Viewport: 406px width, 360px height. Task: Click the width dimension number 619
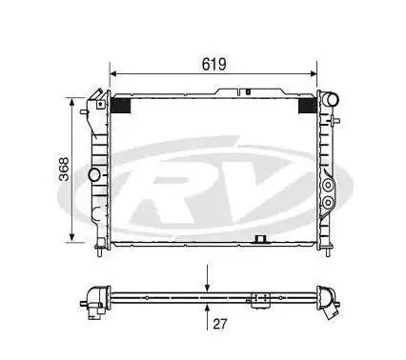[213, 64]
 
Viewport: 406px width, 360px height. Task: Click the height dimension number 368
[58, 170]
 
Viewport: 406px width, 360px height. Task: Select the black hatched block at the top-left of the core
[122, 106]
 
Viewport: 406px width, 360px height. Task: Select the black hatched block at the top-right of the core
[309, 106]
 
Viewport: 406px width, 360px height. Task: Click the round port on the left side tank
[94, 175]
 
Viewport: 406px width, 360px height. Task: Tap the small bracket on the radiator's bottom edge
[258, 240]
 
